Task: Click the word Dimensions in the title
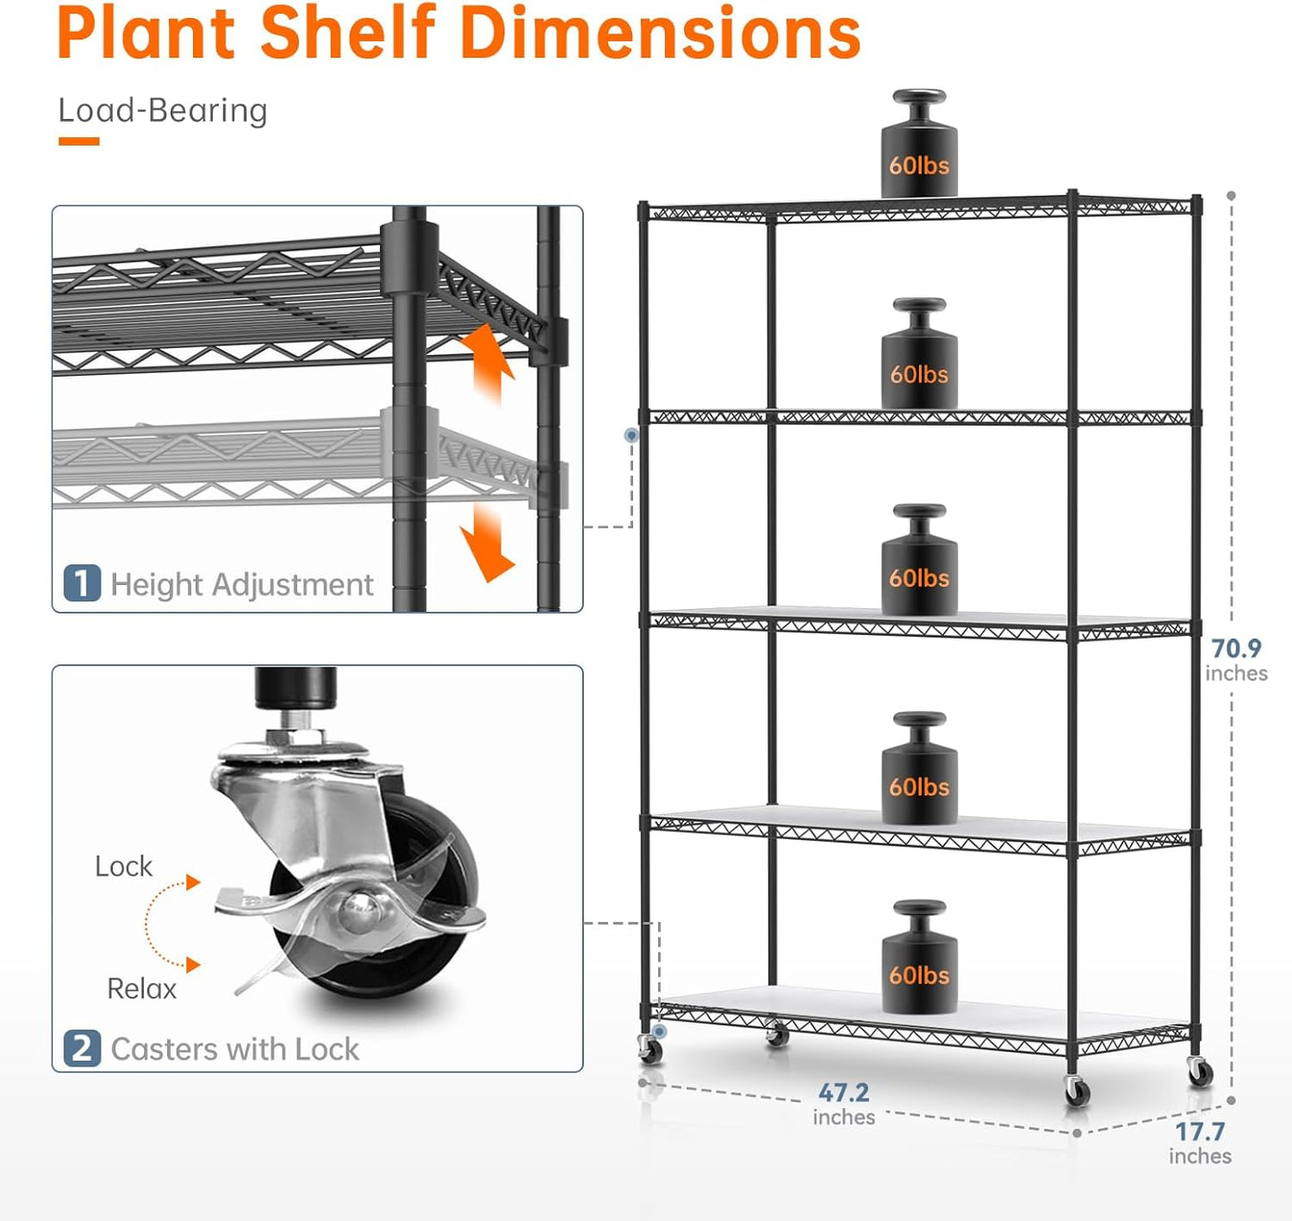660,34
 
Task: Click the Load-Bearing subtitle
163,111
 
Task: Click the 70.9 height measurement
1236,649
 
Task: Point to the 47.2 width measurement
843,1093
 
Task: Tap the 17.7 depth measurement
1200,1132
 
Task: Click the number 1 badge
81,584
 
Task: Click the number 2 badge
81,1047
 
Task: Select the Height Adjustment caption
241,585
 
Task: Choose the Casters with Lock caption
234,1048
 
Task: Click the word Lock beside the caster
123,867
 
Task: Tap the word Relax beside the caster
141,989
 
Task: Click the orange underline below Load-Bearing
79,141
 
